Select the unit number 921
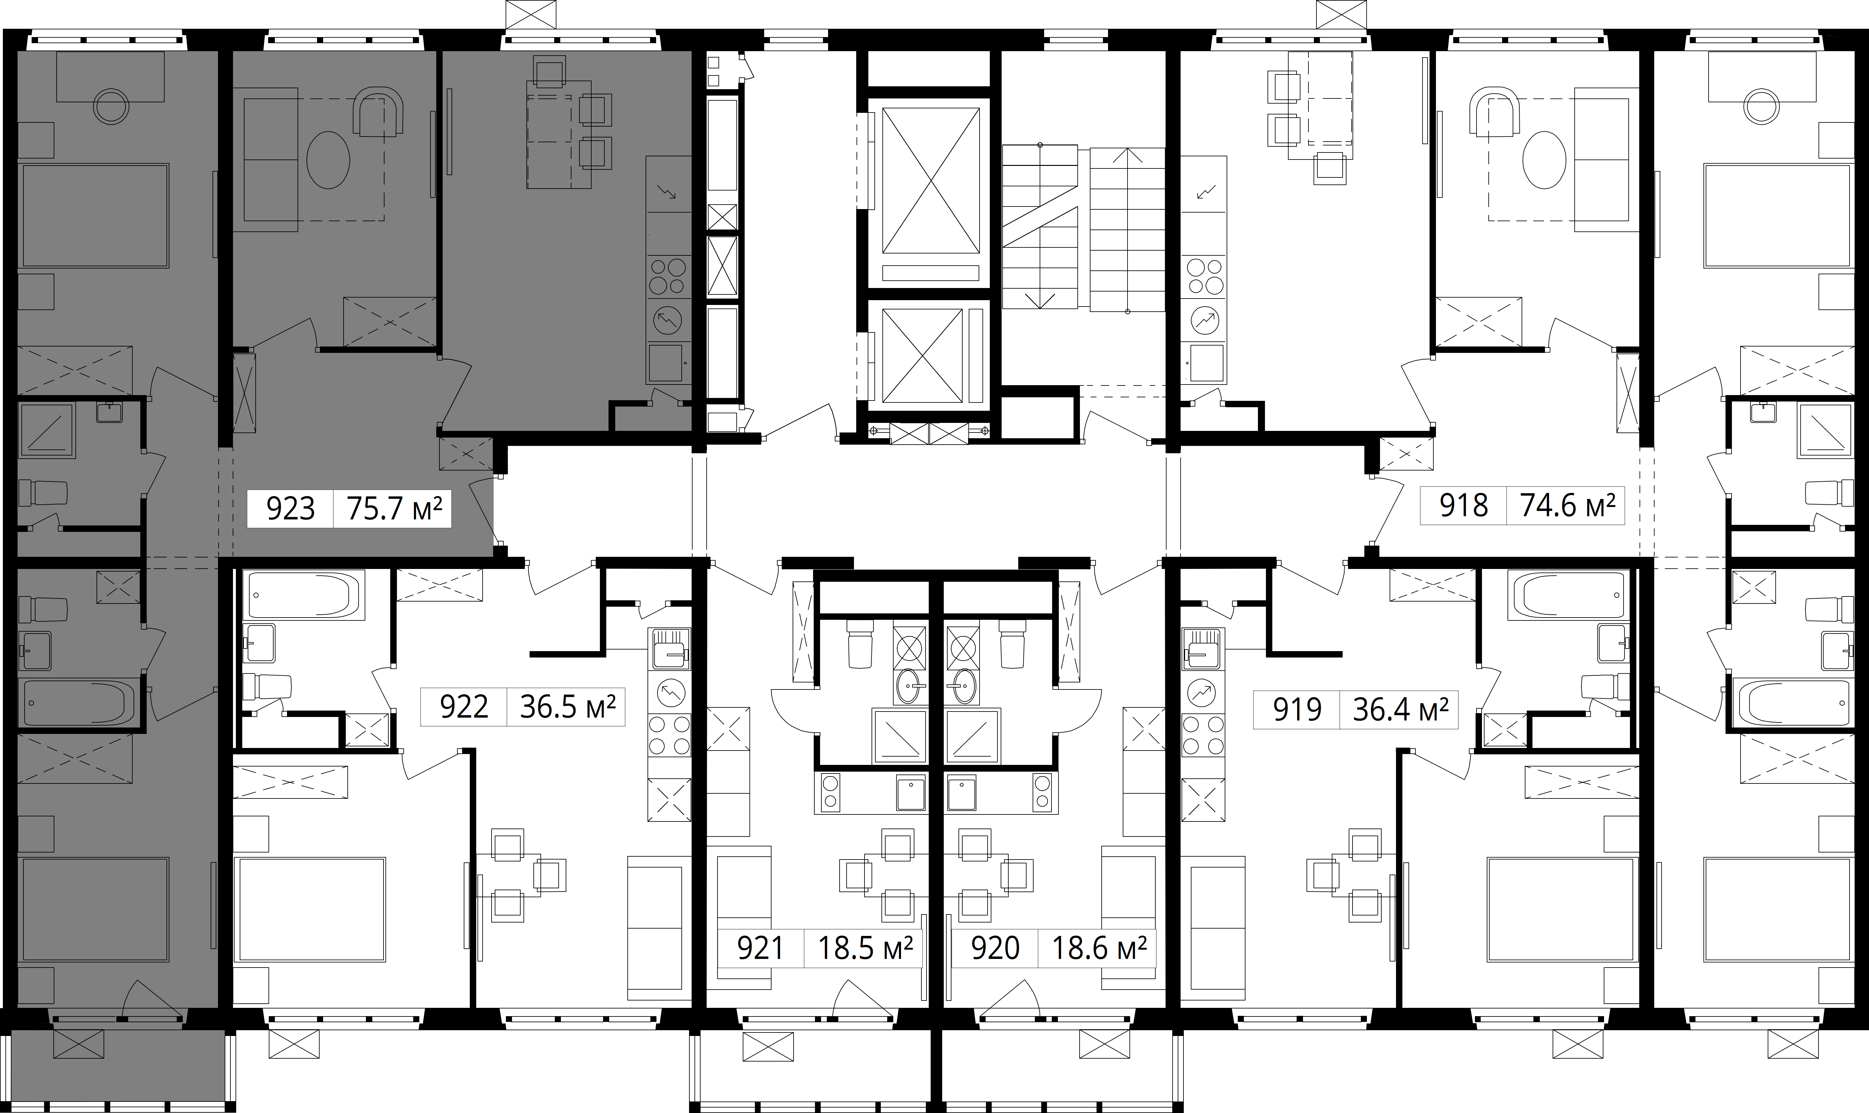click(760, 948)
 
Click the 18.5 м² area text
click(865, 948)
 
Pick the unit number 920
click(995, 948)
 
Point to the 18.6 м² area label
click(1099, 948)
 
